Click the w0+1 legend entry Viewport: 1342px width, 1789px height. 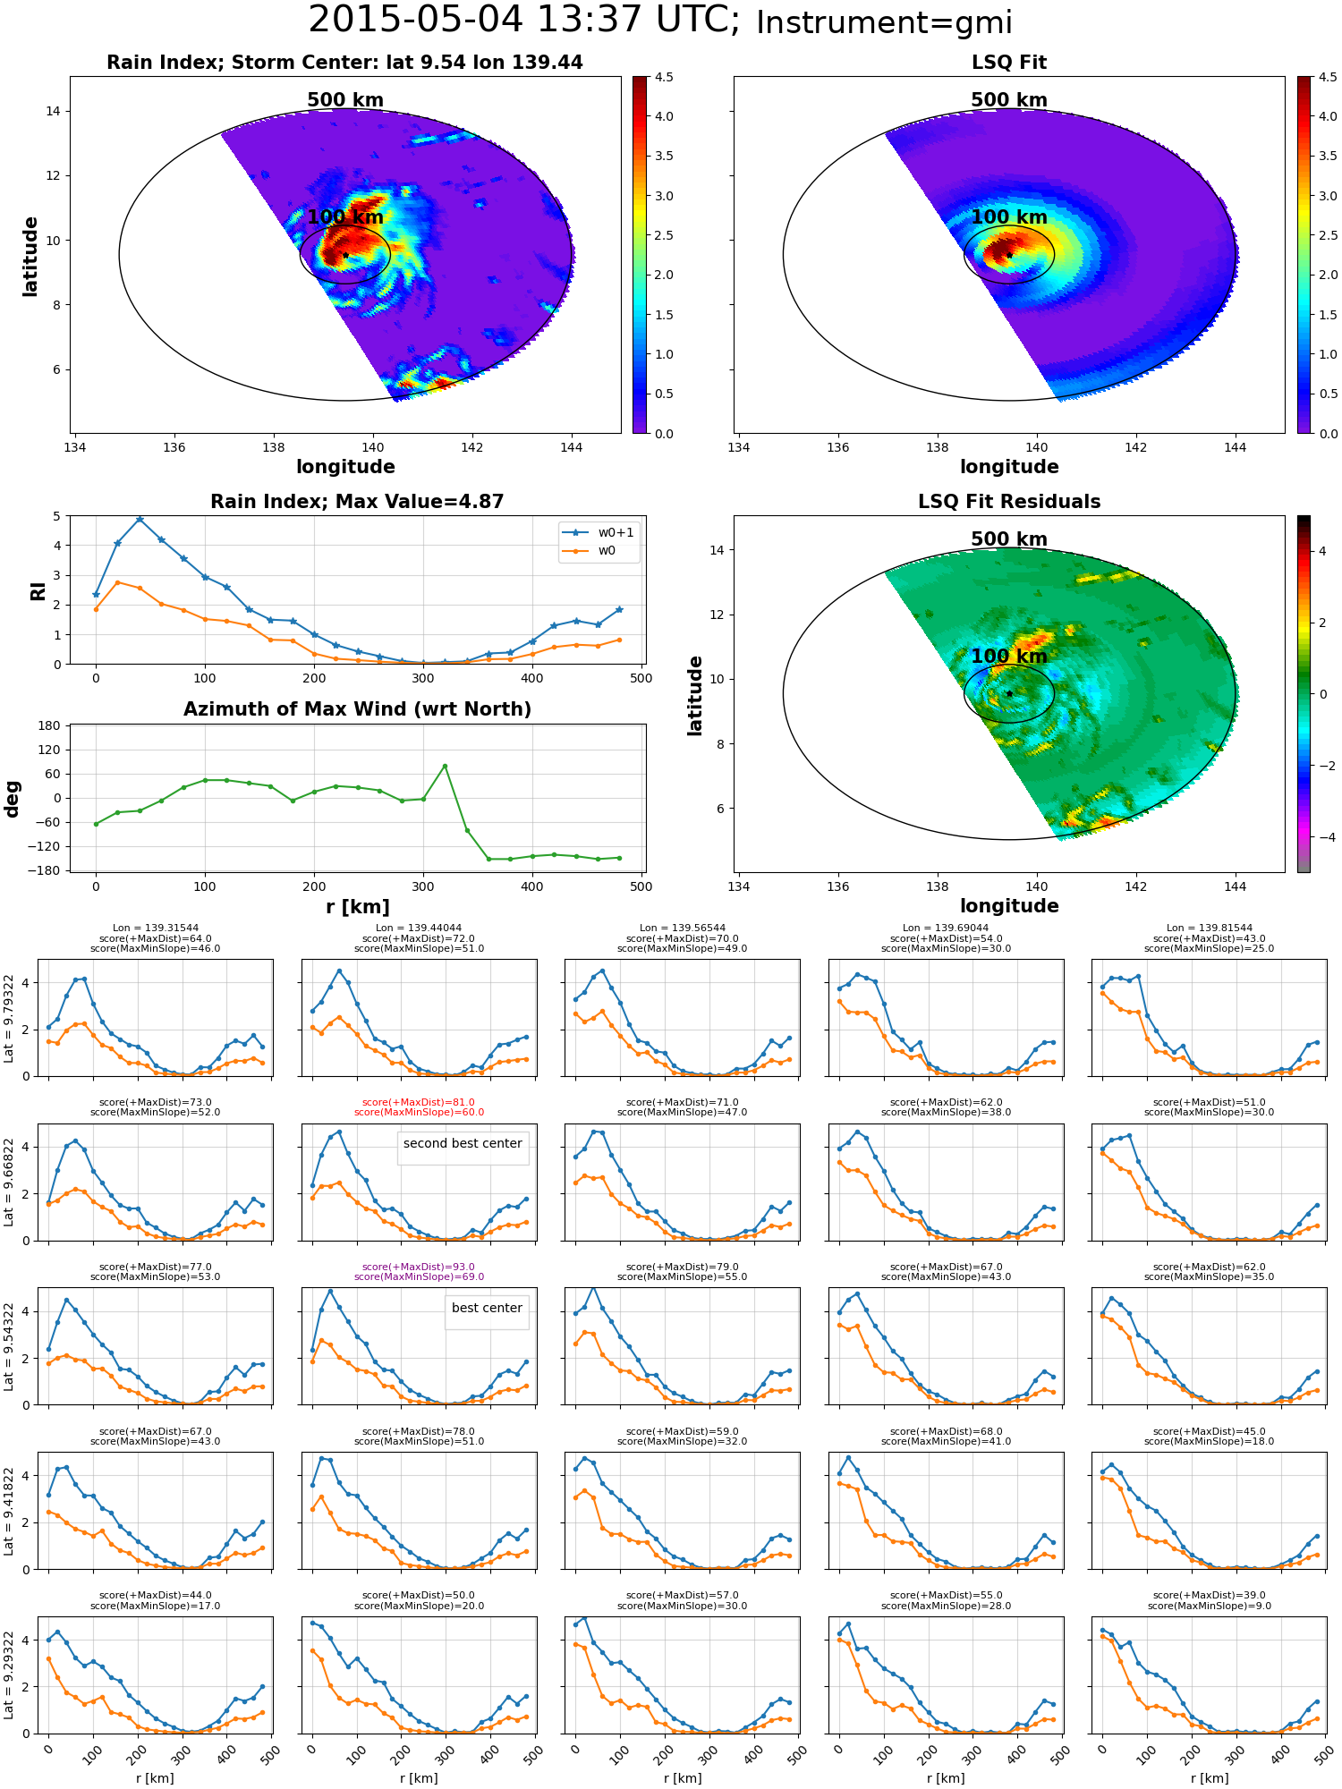(x=599, y=532)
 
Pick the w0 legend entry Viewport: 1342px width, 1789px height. (x=590, y=551)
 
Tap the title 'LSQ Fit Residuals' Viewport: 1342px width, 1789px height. (x=1009, y=502)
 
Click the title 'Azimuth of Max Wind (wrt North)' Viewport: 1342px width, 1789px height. (x=357, y=709)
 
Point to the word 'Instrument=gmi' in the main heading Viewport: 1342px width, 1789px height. (x=884, y=23)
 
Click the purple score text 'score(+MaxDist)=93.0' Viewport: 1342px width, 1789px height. (x=419, y=1267)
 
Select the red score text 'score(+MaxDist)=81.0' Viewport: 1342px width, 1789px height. (x=419, y=1103)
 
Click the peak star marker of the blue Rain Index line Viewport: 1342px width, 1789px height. (x=140, y=519)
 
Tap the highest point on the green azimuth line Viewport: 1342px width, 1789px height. (x=445, y=766)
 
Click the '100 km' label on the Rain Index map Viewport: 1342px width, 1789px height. (x=345, y=217)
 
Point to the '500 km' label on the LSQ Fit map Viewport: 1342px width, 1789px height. (x=1009, y=100)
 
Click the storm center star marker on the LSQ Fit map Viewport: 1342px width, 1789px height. (x=1009, y=255)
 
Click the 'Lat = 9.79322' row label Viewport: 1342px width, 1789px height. (x=9, y=1018)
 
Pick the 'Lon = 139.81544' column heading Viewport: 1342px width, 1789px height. (x=1210, y=928)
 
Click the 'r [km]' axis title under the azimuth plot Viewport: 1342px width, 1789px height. (x=357, y=907)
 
